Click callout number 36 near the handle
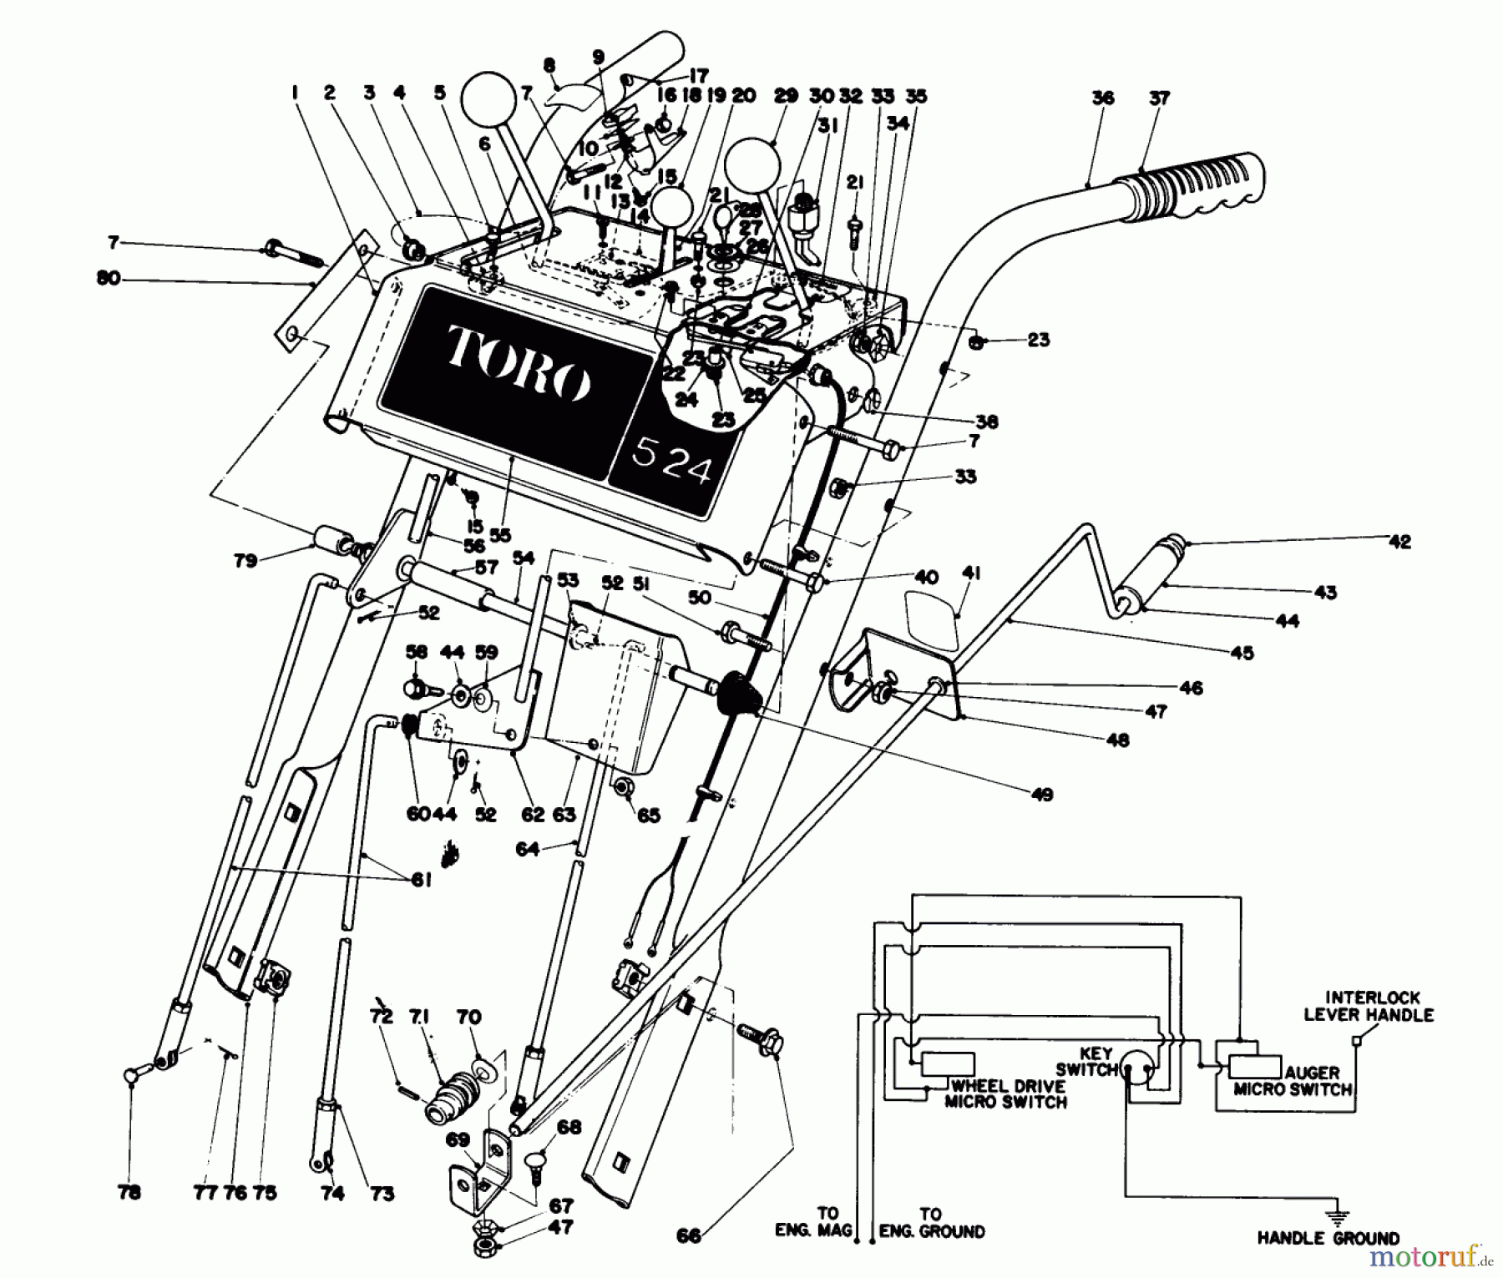point(1102,98)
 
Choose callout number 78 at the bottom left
point(130,1194)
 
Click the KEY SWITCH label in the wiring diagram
point(1086,1062)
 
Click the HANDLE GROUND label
point(1328,1239)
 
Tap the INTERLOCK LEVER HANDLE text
point(1369,1006)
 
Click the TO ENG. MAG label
point(827,1222)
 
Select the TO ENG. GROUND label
point(930,1222)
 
